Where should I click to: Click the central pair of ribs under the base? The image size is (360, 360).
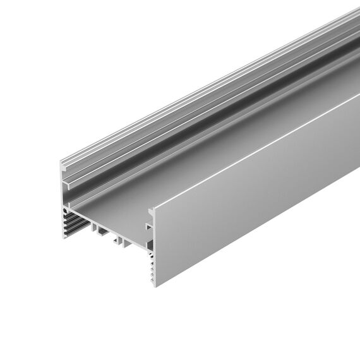point(121,240)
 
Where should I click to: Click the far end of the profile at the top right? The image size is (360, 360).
point(354,13)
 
